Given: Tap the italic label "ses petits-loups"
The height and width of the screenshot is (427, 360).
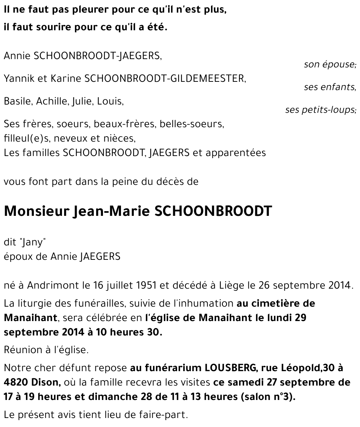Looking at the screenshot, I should click(x=320, y=110).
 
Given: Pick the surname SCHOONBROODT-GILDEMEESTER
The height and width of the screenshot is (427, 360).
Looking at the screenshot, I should click(x=165, y=79).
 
